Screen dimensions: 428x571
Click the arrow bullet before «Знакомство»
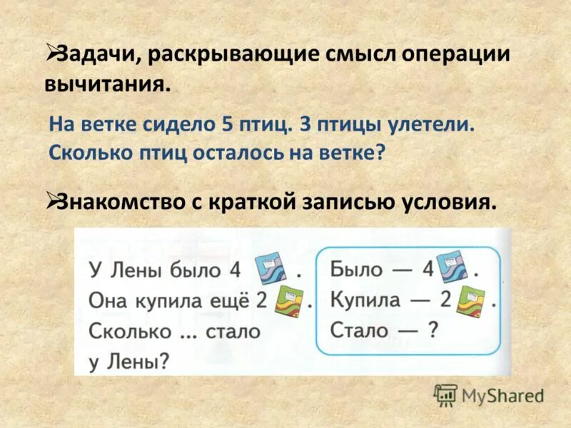[51, 200]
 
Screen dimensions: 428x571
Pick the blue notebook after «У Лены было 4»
[271, 270]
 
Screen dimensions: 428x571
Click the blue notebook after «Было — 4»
[452, 267]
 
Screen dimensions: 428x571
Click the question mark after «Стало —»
[431, 330]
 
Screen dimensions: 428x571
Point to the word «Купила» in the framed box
[365, 300]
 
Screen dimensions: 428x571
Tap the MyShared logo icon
[445, 394]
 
